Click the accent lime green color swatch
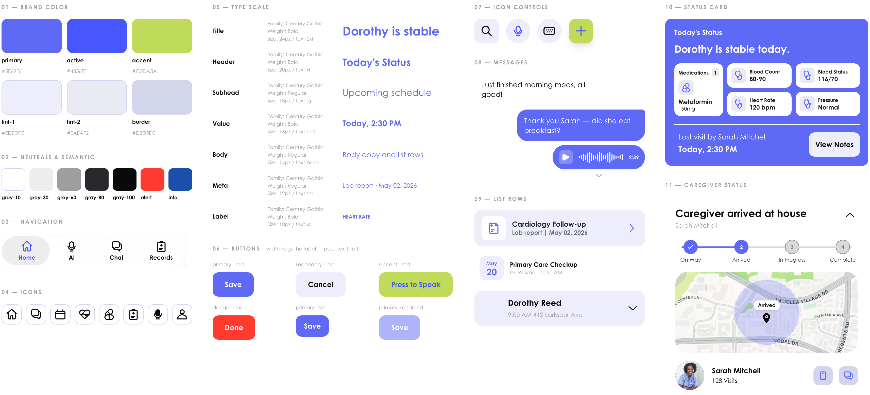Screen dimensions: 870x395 point(162,36)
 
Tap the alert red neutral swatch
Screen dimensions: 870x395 point(152,179)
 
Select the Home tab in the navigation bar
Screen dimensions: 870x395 point(26,250)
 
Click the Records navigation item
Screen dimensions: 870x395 point(161,250)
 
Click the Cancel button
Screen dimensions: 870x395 point(320,284)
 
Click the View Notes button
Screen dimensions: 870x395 point(834,145)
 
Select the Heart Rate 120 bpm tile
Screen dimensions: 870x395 point(759,104)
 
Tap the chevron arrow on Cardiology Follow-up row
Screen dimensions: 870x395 point(632,228)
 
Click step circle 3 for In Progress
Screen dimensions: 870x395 point(792,247)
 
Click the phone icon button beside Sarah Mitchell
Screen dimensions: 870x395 point(823,375)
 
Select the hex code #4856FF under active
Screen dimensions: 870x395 point(77,71)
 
